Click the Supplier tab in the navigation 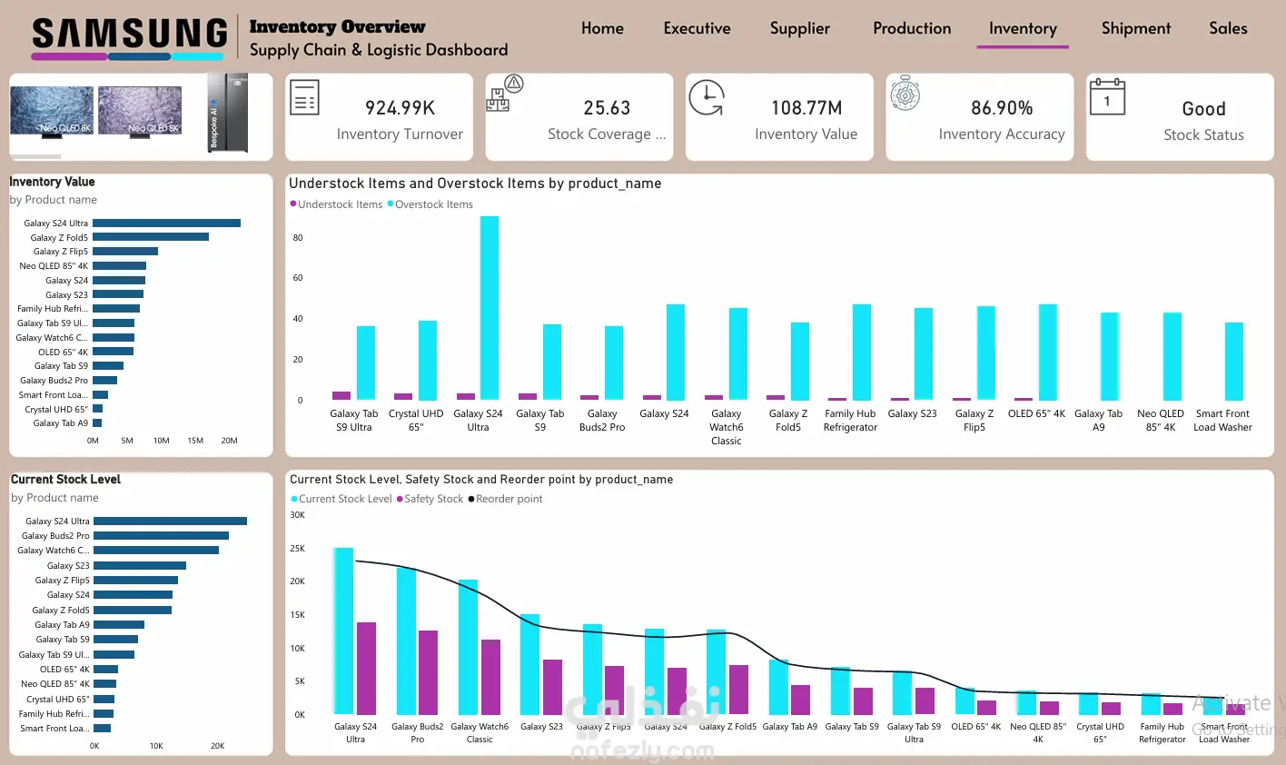tap(799, 28)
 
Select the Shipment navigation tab tap(1135, 28)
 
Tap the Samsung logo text tap(130, 34)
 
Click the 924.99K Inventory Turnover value tap(400, 108)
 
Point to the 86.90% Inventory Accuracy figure tap(1001, 108)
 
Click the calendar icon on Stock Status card tap(1106, 97)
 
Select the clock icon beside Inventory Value tap(706, 98)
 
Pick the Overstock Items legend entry tap(433, 204)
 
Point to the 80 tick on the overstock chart tap(298, 238)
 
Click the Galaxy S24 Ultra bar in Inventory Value tap(166, 223)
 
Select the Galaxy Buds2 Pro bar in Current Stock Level tap(161, 536)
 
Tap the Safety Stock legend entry tap(433, 499)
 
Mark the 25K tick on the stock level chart tap(297, 549)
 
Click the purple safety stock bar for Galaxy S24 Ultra tap(366, 668)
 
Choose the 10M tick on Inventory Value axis tap(161, 441)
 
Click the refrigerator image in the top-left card tap(227, 113)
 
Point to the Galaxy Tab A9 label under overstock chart tap(1098, 420)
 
